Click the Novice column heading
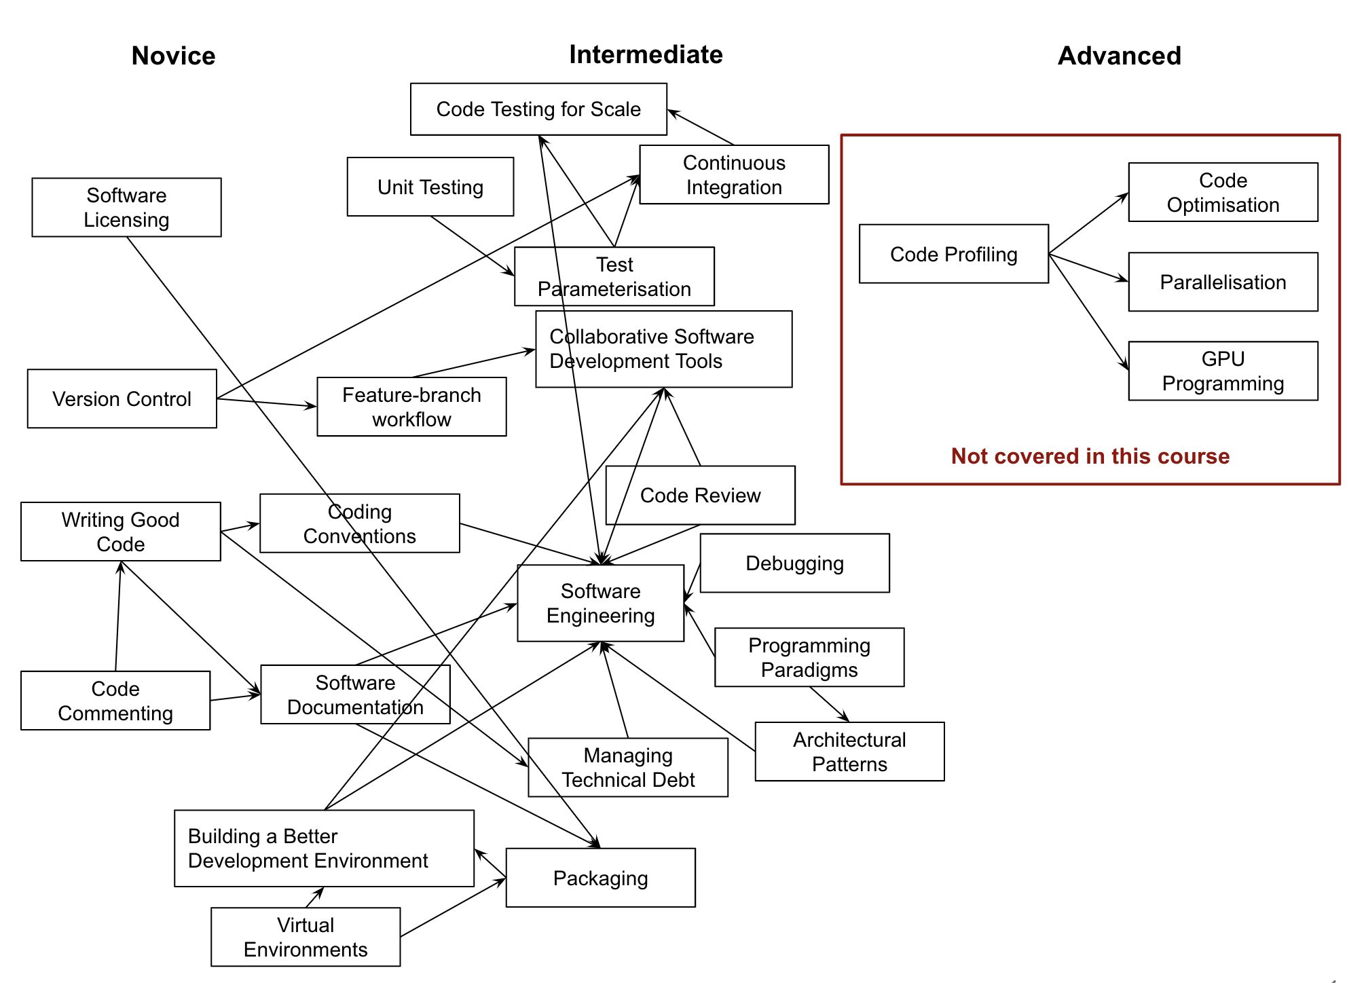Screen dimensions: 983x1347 coord(173,56)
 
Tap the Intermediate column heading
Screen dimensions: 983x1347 coord(646,54)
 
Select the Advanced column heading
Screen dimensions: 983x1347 coord(1119,56)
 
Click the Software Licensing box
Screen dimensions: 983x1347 coord(126,207)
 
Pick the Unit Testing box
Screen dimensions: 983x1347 coord(430,187)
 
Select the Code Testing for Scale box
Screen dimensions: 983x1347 coord(538,109)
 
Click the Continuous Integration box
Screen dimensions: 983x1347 coord(734,174)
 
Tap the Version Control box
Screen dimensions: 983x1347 coord(122,398)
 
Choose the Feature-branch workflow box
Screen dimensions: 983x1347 coord(411,407)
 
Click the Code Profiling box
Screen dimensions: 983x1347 coord(953,254)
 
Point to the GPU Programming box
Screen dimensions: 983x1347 coord(1223,371)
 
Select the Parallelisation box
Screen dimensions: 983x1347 coord(1223,282)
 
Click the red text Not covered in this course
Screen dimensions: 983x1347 coord(1090,456)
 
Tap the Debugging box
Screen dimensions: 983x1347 coord(794,563)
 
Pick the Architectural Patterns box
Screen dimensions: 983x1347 coord(849,752)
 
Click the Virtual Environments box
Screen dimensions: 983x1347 coord(306,937)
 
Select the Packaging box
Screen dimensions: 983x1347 coord(600,878)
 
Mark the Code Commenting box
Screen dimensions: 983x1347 coord(115,701)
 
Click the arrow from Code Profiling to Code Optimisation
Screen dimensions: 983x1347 coord(1088,224)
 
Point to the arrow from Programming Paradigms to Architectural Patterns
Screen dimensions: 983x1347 coord(829,704)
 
